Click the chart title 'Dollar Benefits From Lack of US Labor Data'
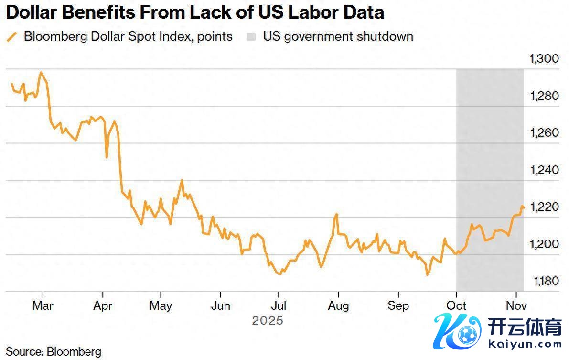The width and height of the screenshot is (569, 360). (x=195, y=12)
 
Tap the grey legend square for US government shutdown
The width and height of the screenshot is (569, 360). (x=251, y=36)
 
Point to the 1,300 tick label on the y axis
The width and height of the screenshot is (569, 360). (x=545, y=59)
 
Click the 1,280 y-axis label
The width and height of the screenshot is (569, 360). (x=545, y=96)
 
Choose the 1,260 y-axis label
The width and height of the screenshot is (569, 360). (x=545, y=133)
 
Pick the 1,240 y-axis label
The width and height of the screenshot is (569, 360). (x=545, y=170)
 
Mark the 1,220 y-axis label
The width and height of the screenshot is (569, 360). (x=545, y=207)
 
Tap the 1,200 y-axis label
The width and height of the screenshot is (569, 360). (x=545, y=244)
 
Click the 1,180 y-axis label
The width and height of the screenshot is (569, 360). (x=545, y=281)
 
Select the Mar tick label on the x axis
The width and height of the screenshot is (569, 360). (x=43, y=305)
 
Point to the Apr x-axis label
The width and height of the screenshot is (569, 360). (x=102, y=305)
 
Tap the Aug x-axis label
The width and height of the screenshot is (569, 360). (x=338, y=305)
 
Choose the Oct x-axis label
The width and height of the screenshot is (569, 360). (x=456, y=305)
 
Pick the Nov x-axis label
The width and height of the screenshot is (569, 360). (x=516, y=305)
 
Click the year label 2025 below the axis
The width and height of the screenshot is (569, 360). (x=268, y=320)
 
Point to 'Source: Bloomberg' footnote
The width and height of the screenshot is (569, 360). (x=54, y=352)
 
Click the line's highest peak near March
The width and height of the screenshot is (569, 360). (x=41, y=73)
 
